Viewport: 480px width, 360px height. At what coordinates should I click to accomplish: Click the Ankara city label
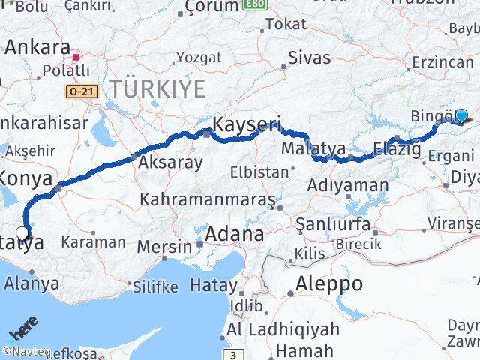37,47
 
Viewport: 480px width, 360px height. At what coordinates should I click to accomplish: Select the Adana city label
236,234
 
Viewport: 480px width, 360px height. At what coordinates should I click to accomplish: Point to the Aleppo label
328,283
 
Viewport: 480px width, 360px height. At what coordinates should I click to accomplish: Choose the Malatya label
313,148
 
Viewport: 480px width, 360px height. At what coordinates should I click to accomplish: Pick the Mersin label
164,245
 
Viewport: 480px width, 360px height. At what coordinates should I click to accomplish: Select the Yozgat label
199,57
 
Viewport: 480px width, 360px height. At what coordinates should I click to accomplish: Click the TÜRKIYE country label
157,88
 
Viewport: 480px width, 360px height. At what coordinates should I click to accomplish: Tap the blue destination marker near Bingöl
461,115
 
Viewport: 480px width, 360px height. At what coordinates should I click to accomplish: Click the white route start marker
22,232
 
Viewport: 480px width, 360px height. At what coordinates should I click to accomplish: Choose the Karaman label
93,241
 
